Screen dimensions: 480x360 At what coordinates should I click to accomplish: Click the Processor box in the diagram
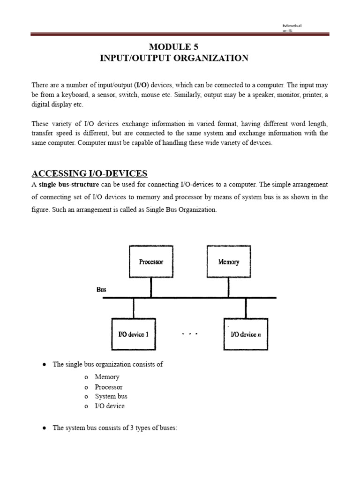click(151, 262)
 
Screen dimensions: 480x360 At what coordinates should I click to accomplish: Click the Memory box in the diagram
click(229, 262)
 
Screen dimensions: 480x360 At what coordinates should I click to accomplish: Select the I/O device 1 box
click(134, 334)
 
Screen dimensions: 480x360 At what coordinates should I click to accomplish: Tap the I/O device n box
click(246, 334)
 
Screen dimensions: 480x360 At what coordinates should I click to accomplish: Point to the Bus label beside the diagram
click(101, 290)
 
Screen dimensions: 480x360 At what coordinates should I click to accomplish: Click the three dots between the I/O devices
click(190, 334)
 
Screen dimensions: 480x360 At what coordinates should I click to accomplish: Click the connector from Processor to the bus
click(151, 287)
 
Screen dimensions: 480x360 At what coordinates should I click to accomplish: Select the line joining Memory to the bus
click(229, 287)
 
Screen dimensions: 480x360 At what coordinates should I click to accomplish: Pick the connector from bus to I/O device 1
click(134, 308)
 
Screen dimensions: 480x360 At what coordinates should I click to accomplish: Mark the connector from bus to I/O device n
click(246, 308)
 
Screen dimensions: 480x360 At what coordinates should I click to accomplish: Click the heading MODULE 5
click(173, 46)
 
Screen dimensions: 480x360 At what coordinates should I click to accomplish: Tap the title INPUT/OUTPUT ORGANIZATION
click(174, 58)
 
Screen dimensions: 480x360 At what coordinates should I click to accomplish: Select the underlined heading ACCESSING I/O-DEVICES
click(90, 173)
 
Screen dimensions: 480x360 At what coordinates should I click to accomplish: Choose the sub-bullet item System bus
click(111, 397)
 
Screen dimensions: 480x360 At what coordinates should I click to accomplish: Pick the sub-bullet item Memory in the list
click(107, 377)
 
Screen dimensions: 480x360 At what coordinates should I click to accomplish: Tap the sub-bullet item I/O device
click(110, 406)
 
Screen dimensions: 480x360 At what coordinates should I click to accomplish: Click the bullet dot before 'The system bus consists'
click(44, 428)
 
